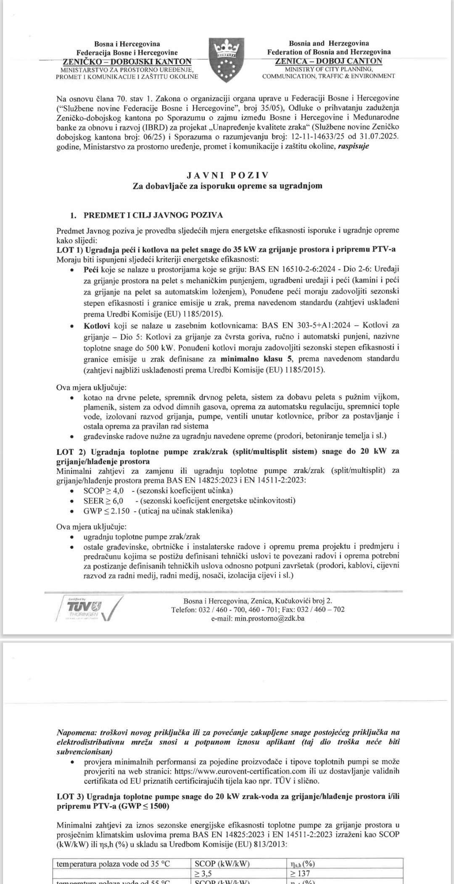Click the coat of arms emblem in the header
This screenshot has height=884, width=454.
tap(227, 59)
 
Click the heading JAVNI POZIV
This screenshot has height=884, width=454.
tap(227, 175)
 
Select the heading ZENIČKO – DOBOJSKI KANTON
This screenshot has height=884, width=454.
tap(127, 61)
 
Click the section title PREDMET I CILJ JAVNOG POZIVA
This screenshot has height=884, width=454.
tap(153, 215)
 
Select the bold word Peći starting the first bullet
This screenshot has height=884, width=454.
tap(91, 269)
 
